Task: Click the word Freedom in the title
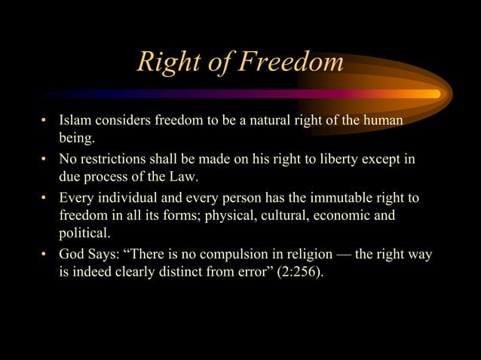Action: (290, 63)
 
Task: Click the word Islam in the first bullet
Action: (75, 121)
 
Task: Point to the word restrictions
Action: (113, 160)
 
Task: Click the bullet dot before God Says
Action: (44, 255)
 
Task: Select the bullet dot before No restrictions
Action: (44, 161)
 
